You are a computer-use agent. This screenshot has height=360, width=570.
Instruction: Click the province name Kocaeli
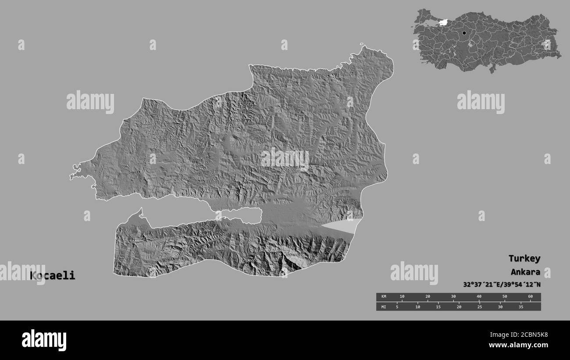[52, 276]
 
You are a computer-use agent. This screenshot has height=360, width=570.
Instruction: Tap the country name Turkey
[524, 258]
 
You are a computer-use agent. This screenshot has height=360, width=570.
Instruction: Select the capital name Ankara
[525, 271]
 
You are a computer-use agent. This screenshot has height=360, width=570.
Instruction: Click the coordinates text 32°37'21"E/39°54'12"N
[502, 284]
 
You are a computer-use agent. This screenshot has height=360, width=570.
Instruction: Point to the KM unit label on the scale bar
[384, 297]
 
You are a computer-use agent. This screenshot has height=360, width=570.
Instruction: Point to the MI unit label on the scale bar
[384, 307]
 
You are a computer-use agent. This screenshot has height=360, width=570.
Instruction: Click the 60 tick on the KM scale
[530, 297]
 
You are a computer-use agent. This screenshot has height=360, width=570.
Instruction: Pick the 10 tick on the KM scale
[402, 297]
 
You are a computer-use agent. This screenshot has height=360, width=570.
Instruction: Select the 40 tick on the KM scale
[479, 297]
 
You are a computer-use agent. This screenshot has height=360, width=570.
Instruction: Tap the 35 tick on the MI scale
[521, 307]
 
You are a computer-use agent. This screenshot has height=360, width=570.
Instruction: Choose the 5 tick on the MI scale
[397, 307]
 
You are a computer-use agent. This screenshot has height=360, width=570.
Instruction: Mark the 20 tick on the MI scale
[459, 307]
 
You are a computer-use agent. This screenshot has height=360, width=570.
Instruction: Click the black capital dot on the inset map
[464, 33]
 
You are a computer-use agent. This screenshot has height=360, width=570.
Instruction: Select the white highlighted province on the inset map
[442, 22]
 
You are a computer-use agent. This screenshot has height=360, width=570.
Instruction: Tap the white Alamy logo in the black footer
[44, 340]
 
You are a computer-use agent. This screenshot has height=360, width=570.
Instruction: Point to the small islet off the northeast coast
[362, 44]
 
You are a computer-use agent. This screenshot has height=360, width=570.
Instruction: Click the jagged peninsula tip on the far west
[73, 175]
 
